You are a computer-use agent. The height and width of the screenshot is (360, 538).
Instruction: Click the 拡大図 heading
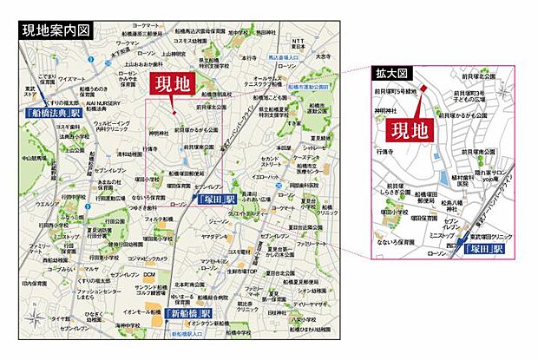tap(392, 73)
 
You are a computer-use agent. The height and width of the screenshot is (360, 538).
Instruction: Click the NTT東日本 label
tap(299, 44)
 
